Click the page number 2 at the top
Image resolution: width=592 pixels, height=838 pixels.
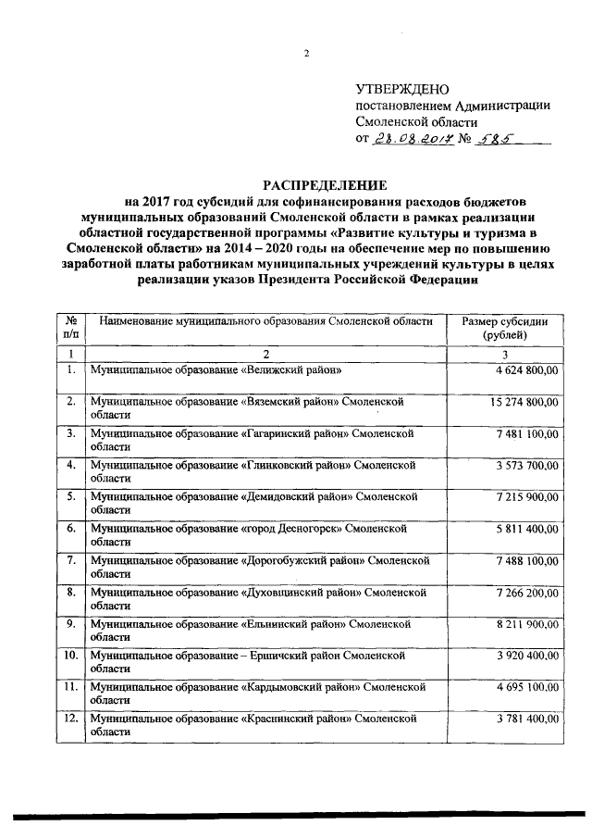[x=305, y=52]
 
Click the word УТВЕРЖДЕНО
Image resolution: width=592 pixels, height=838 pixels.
[x=401, y=89]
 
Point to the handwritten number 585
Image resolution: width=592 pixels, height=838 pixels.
[x=495, y=139]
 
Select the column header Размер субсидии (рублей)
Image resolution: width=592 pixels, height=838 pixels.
[x=504, y=328]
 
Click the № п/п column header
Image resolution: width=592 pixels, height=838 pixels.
[x=70, y=328]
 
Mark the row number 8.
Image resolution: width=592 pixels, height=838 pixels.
[x=70, y=591]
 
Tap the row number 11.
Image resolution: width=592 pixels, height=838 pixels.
[x=70, y=686]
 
